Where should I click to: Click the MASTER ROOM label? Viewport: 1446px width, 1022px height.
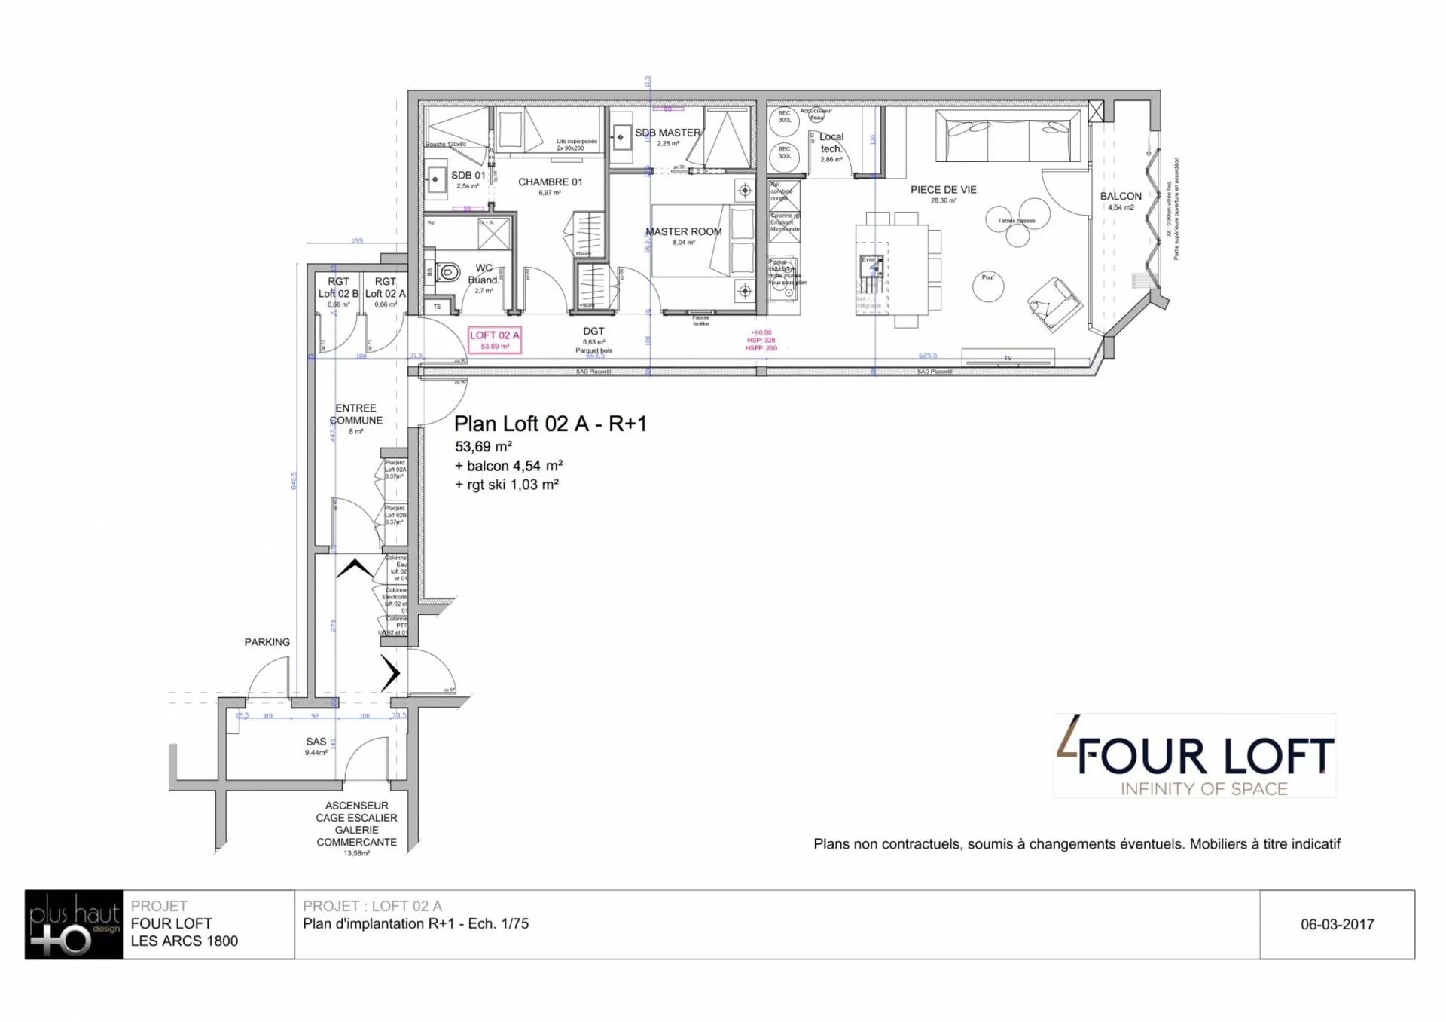[x=683, y=231]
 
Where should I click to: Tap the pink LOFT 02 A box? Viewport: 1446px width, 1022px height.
[x=495, y=340]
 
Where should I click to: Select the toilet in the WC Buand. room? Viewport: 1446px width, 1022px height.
[x=449, y=271]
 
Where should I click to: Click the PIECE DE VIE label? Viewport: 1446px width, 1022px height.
[x=943, y=190]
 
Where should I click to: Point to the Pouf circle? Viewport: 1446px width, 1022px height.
[x=988, y=286]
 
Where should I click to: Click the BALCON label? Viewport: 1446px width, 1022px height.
[x=1120, y=196]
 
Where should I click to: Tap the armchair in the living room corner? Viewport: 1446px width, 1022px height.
[x=1054, y=303]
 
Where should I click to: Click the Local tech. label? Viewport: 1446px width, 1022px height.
[x=831, y=142]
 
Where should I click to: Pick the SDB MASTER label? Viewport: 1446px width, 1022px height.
[x=667, y=133]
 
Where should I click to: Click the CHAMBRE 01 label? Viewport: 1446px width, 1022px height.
[x=550, y=182]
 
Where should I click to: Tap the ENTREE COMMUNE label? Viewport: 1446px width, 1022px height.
[x=355, y=414]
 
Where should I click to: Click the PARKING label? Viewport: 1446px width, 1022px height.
[x=267, y=642]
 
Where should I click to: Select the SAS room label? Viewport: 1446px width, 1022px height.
[x=316, y=742]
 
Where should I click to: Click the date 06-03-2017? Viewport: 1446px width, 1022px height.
[x=1337, y=924]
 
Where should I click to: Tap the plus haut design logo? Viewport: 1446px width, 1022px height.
[x=74, y=925]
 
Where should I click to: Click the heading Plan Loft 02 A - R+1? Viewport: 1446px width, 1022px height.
[x=550, y=424]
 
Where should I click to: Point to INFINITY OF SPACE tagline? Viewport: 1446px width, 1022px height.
[x=1203, y=789]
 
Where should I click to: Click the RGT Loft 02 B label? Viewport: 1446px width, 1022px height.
[x=338, y=287]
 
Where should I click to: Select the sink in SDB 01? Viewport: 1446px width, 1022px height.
[x=435, y=179]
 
